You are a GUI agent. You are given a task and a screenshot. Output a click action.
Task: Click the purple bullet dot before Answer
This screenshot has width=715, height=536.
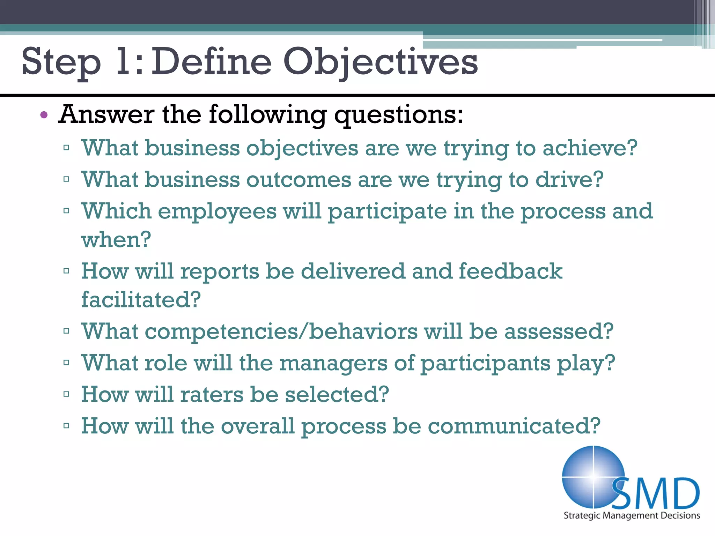44,115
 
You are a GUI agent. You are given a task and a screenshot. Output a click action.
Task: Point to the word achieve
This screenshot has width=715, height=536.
590,148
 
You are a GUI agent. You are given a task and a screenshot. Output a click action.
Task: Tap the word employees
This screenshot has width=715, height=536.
217,212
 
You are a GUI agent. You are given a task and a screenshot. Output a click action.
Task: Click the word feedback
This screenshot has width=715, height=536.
510,271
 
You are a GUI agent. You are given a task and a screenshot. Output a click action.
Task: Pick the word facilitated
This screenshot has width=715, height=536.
141,300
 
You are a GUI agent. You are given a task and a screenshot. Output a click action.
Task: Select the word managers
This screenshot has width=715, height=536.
333,363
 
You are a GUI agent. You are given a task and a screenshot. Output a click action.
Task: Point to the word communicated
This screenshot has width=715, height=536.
514,426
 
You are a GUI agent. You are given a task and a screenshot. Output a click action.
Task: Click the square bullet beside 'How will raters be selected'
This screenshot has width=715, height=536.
66,394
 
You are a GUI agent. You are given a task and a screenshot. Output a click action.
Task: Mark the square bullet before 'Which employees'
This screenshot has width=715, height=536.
66,211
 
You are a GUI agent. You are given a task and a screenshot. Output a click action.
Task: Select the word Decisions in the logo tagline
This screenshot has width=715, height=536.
681,515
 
